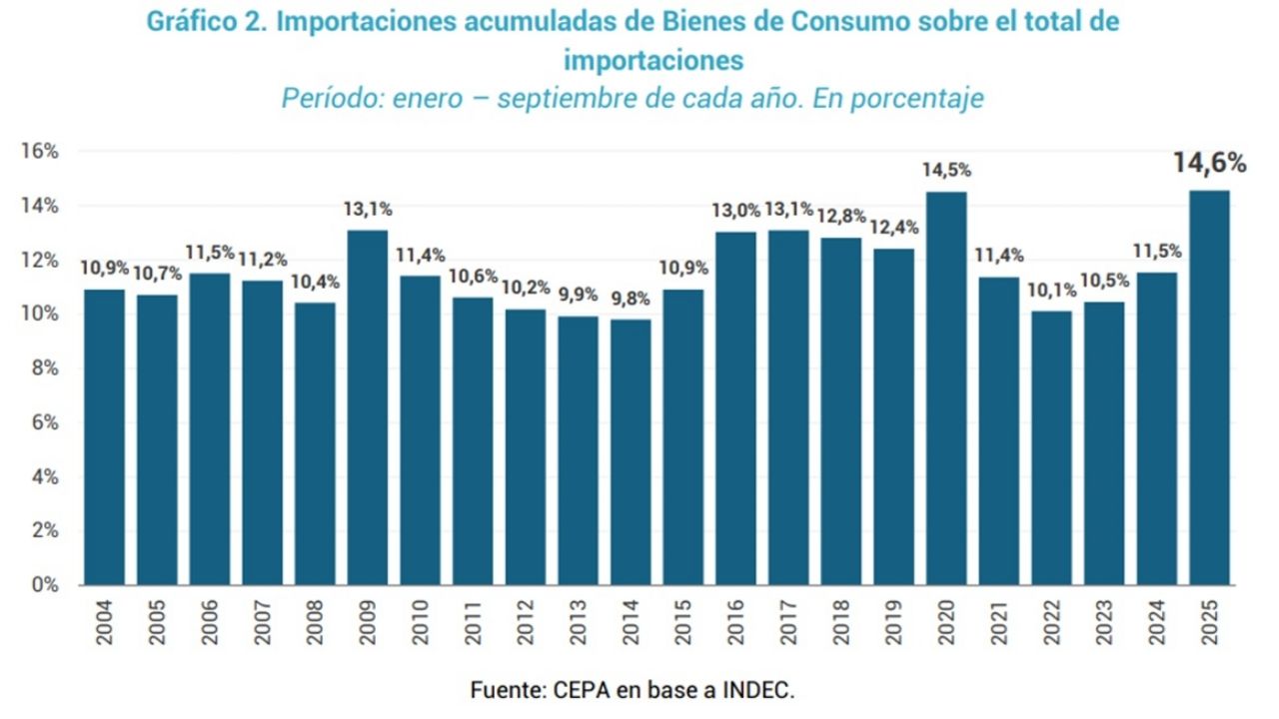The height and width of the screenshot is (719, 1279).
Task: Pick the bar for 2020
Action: tap(946, 388)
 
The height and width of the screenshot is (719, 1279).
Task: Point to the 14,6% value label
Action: tap(1209, 163)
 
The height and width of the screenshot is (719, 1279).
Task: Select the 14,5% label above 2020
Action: tap(946, 171)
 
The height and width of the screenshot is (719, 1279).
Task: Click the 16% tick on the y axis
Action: tap(41, 152)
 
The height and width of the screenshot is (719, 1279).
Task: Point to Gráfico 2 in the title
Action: tap(206, 23)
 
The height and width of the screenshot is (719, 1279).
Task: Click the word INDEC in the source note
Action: tap(761, 690)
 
